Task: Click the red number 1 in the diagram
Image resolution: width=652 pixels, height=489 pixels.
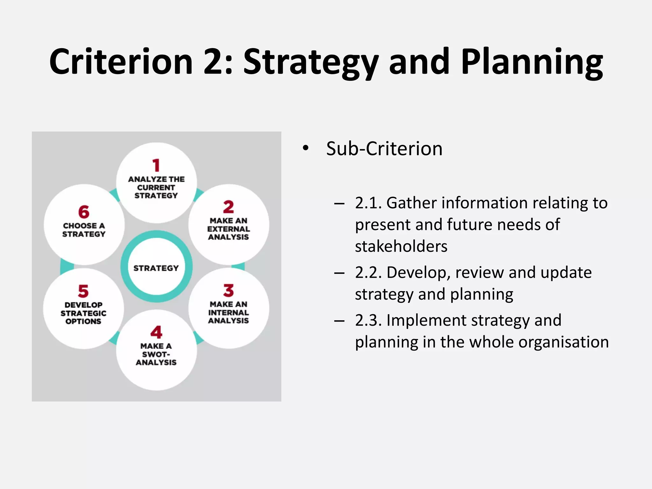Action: coord(156,165)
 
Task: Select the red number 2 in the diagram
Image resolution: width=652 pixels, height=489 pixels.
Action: coord(228,207)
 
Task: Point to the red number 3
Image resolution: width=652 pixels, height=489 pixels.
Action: coord(228,290)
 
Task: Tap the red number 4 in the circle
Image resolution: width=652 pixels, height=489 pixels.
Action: coord(156,332)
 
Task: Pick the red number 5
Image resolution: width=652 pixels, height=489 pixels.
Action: coord(83,291)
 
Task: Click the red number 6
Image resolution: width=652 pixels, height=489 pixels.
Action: coord(84,212)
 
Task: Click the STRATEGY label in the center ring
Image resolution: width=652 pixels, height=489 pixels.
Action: coord(156,268)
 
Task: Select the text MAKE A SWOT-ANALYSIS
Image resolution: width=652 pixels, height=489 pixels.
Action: coord(156,354)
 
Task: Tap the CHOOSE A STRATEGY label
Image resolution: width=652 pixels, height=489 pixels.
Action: coord(84,230)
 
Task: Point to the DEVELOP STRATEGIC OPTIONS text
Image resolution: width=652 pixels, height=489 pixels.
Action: coord(83,313)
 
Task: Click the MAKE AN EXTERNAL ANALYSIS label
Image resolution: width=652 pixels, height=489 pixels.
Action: coord(228,229)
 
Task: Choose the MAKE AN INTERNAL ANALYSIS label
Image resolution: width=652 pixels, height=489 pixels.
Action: coord(228,312)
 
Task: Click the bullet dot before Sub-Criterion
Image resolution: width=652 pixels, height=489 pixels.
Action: coord(306,148)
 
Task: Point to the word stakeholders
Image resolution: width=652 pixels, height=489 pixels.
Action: coord(401,246)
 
